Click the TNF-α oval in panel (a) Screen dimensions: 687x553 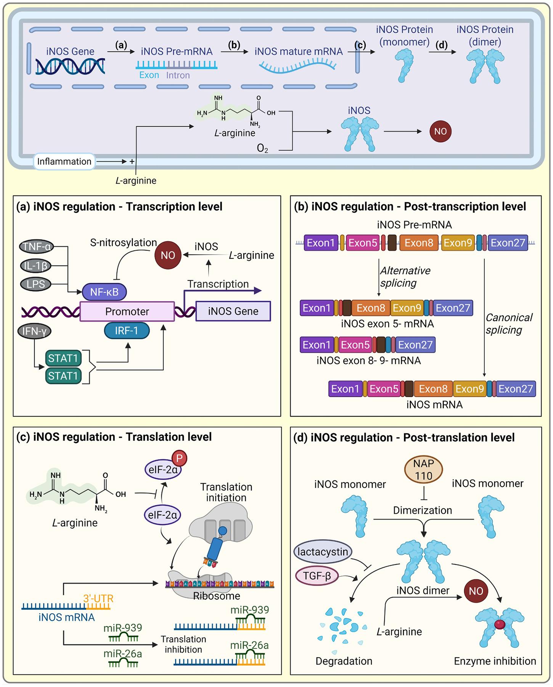click(x=37, y=247)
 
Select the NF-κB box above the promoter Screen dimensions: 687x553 click(x=104, y=292)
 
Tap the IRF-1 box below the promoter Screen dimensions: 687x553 click(x=127, y=331)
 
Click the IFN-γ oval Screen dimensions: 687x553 click(x=34, y=331)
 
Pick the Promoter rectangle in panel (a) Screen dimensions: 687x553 click(x=127, y=311)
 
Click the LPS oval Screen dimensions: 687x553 click(x=35, y=284)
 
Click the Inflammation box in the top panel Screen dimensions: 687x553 click(x=64, y=161)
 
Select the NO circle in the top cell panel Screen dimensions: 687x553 click(x=440, y=131)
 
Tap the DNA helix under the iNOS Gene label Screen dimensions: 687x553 click(x=70, y=66)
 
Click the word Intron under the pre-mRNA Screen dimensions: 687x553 click(x=178, y=75)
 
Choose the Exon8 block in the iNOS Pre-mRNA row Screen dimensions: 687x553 click(x=419, y=243)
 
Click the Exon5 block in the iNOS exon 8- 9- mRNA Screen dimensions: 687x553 click(x=355, y=345)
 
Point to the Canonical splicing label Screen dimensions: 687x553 click(x=508, y=324)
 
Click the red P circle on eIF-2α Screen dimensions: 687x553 click(x=179, y=458)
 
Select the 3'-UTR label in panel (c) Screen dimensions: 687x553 click(x=98, y=598)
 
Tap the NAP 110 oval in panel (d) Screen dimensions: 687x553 click(x=423, y=469)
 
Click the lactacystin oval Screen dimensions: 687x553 click(x=323, y=552)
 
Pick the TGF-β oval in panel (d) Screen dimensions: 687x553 click(x=317, y=576)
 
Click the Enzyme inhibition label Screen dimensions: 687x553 click(x=495, y=661)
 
